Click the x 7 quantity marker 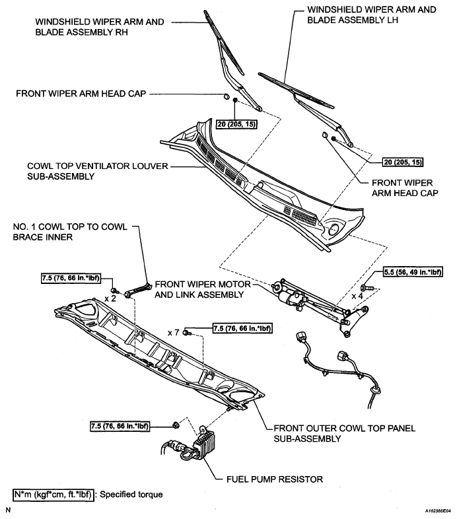(x=174, y=332)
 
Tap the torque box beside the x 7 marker (x=243, y=328)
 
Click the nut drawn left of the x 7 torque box (x=189, y=332)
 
